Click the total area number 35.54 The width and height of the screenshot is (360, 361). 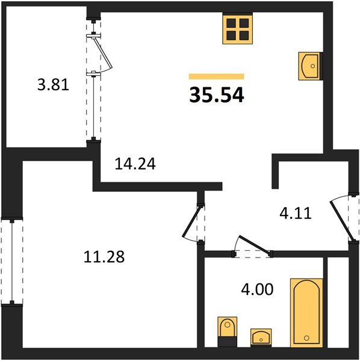[217, 94]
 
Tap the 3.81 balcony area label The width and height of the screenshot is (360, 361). [54, 85]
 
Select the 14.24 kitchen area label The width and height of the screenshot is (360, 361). [135, 164]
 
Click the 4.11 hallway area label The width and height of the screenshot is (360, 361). [295, 213]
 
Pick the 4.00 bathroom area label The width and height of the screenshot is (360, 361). [258, 289]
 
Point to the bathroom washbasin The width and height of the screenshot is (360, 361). [261, 336]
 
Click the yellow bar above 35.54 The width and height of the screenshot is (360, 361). [216, 76]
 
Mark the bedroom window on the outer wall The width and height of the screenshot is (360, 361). [10, 261]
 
